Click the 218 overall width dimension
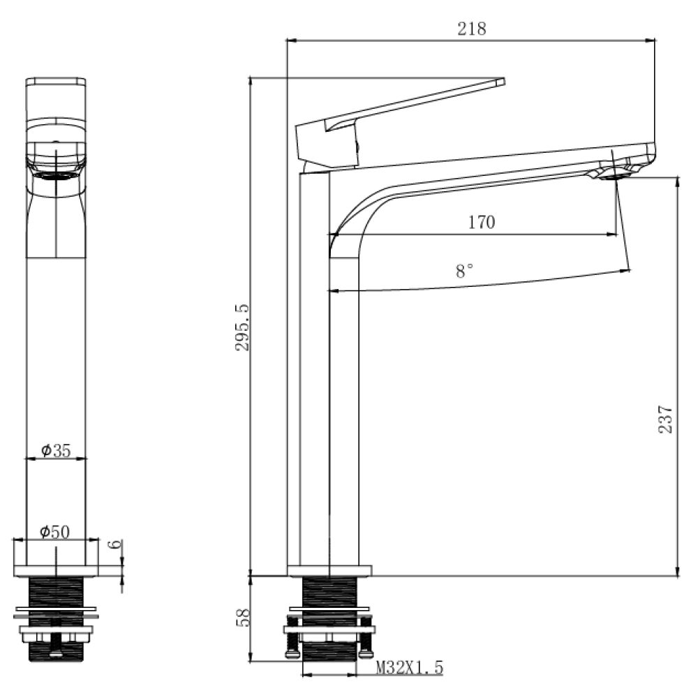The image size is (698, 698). click(472, 29)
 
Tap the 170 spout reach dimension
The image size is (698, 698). click(481, 222)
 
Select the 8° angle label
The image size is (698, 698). click(464, 270)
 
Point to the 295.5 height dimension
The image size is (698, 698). click(242, 327)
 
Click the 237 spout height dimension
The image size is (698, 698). click(665, 419)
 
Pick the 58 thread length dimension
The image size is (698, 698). click(243, 618)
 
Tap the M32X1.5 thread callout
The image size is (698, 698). click(410, 667)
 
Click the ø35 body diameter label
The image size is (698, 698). click(56, 450)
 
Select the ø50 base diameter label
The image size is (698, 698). click(55, 531)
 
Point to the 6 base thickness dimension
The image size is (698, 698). click(115, 544)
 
